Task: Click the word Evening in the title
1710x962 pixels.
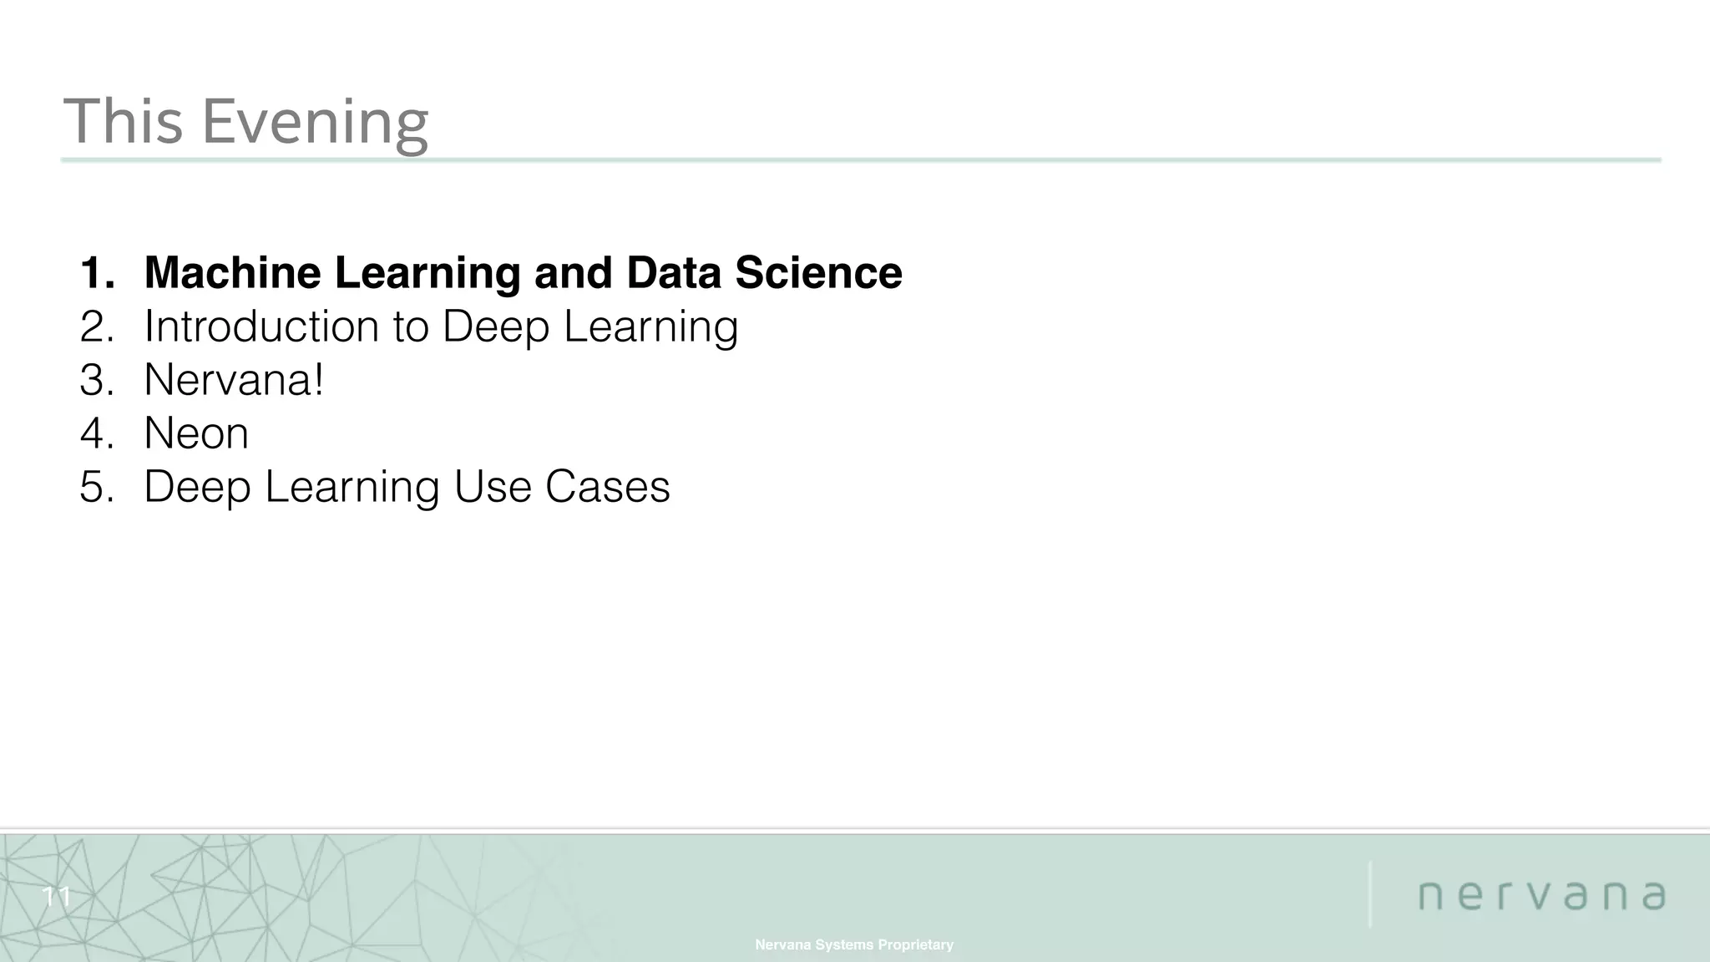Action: click(316, 122)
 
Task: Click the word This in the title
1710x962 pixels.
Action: click(123, 122)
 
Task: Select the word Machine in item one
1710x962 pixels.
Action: click(232, 272)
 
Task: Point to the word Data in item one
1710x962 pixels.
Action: click(674, 272)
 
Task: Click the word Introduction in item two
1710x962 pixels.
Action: click(261, 326)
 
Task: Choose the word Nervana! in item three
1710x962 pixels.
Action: click(234, 379)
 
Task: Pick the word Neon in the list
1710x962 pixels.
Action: click(196, 433)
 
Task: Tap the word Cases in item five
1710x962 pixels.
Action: click(607, 486)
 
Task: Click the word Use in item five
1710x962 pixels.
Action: click(493, 486)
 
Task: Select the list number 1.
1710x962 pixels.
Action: click(97, 272)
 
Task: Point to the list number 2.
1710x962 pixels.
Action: click(97, 326)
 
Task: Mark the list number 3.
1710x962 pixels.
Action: click(97, 379)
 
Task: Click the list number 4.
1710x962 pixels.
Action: click(97, 433)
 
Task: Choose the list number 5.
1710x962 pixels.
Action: click(97, 486)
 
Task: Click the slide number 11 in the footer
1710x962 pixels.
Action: click(57, 898)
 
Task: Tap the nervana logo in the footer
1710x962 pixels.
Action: click(1542, 895)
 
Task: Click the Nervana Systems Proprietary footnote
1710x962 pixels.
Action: click(854, 944)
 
